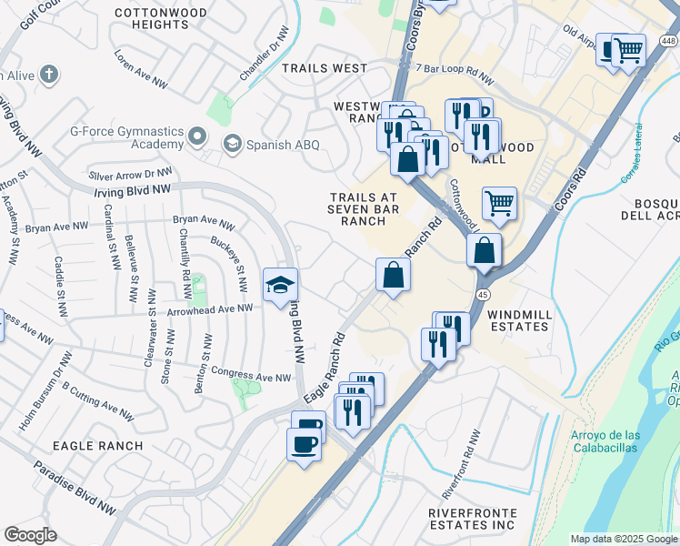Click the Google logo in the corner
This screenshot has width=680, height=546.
30,535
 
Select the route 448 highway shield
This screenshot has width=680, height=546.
667,39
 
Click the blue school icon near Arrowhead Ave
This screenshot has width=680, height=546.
281,285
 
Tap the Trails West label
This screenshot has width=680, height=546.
325,68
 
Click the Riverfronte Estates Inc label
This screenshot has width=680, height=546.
472,519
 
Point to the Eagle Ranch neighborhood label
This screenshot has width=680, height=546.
98,445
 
